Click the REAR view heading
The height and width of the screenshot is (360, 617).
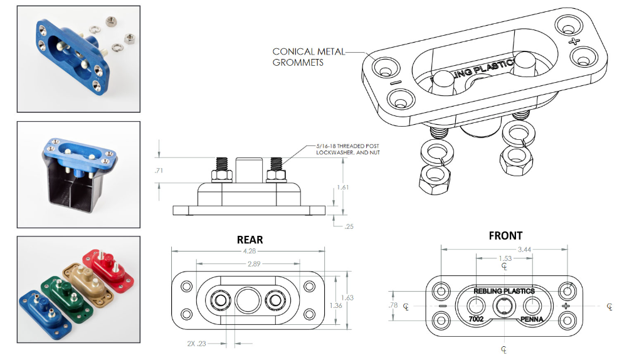point(250,240)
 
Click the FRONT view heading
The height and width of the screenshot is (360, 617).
point(505,236)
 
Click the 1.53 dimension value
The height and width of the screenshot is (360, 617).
point(505,259)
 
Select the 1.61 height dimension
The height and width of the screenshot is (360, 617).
point(342,187)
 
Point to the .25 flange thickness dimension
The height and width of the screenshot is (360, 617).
point(349,226)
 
